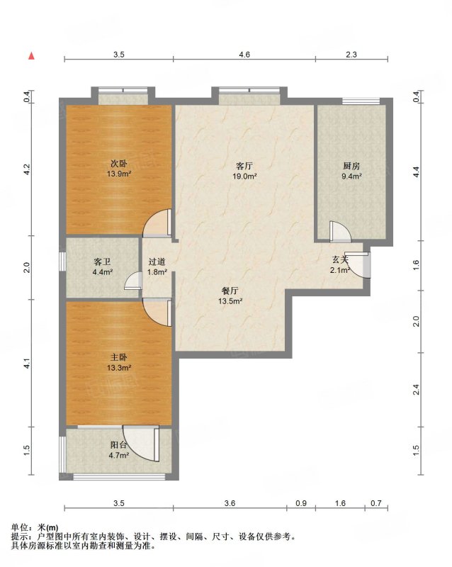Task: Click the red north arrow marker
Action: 31,56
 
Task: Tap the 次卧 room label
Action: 118,164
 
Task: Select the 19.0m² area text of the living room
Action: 245,176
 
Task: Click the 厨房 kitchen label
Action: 351,166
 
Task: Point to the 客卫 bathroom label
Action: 102,262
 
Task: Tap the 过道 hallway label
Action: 157,262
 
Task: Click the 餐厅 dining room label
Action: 230,291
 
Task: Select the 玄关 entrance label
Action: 340,259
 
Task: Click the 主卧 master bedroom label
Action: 118,357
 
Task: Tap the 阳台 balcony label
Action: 118,445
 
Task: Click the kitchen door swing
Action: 340,232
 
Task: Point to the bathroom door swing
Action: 132,281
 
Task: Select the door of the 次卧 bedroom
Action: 157,223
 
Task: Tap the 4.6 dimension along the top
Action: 244,55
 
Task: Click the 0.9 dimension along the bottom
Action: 301,503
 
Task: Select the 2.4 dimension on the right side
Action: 416,390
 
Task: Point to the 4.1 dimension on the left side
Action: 26,364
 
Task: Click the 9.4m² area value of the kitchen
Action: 352,176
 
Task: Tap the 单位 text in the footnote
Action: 20,527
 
